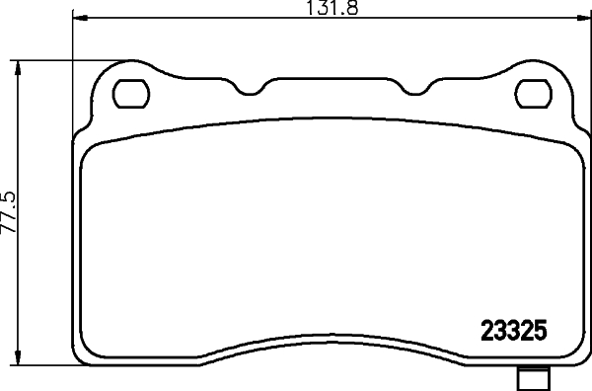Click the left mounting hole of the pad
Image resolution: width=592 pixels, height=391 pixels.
point(128,93)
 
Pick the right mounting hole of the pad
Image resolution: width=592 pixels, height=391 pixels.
point(534,93)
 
